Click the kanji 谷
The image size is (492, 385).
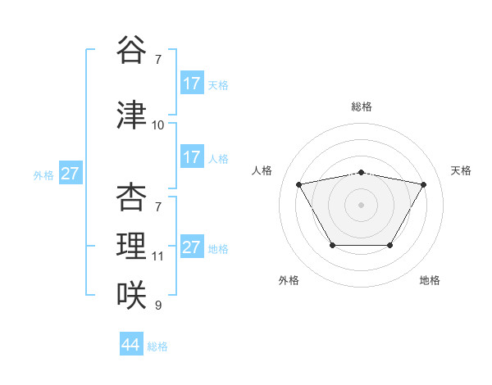click(131, 50)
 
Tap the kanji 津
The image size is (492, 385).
click(131, 115)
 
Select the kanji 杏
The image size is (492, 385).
click(131, 197)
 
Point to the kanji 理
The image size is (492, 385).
click(131, 246)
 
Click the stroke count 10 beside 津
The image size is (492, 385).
click(158, 125)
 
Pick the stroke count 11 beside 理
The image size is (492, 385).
click(158, 256)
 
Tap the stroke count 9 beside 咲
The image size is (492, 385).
click(158, 306)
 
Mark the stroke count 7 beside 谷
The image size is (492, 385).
click(158, 60)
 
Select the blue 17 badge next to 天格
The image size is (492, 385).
click(192, 84)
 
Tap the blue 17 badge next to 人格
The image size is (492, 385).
click(192, 157)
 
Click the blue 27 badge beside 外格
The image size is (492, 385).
click(71, 174)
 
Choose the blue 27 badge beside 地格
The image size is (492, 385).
click(192, 247)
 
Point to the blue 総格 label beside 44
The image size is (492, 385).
click(157, 346)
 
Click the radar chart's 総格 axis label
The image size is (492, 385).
click(362, 107)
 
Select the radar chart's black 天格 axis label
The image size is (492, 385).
click(461, 170)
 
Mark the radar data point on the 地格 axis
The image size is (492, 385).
click(390, 245)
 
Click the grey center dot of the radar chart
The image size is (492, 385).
click(362, 204)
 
